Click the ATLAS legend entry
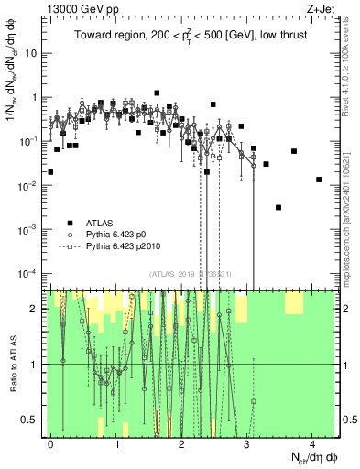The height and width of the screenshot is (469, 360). [101, 223]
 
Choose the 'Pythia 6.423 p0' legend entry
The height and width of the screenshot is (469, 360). [121, 235]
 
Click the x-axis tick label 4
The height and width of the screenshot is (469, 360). [311, 443]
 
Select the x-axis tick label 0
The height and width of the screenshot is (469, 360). [50, 443]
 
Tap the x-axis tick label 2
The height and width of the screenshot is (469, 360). [181, 443]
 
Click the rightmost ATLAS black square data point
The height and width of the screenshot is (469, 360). [319, 180]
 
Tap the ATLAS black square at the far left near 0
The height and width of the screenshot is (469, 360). [50, 171]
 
